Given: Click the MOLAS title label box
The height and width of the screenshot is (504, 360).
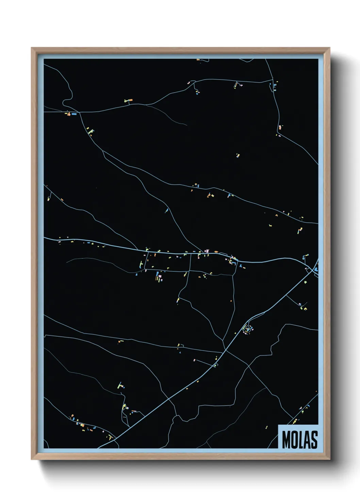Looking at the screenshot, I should pos(298,437).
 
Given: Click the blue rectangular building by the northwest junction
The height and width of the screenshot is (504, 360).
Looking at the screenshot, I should pos(74,114).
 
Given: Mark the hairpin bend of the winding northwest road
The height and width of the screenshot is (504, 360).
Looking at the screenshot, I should pos(64,101).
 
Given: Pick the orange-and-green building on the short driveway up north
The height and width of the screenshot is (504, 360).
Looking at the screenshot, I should pos(128,100).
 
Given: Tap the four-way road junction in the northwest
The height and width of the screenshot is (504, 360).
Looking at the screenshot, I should pos(79,112).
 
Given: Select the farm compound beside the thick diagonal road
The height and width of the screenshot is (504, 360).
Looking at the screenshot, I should pos(248,329).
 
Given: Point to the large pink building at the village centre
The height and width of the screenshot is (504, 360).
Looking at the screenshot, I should pos(206,251).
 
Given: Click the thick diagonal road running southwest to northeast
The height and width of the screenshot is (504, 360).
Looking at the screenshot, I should pos(177,392).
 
